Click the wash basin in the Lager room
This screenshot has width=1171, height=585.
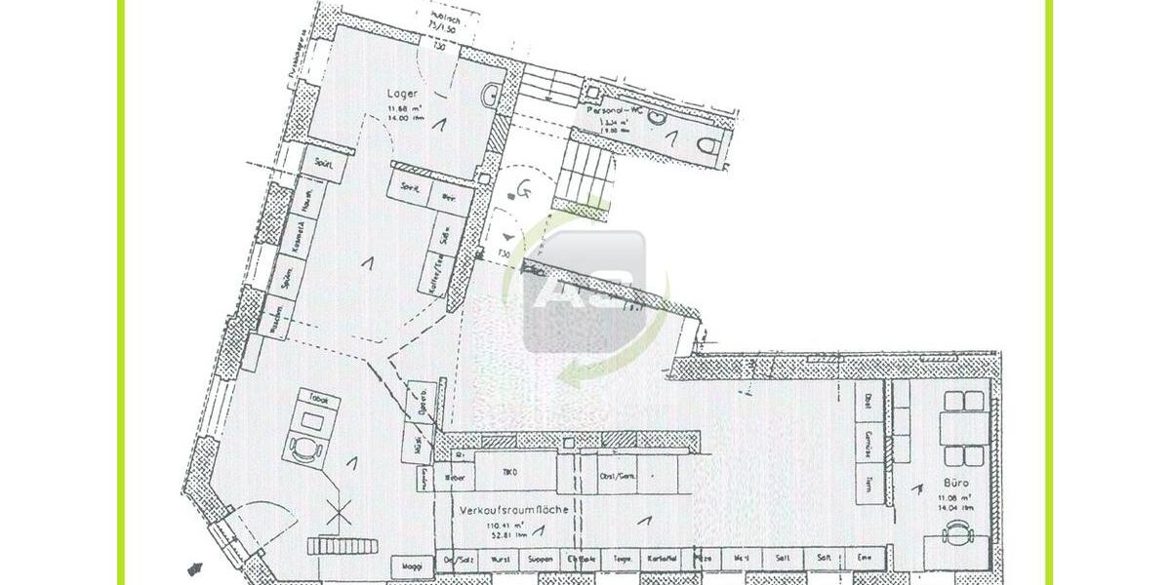click(490, 96)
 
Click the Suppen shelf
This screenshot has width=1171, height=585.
click(542, 561)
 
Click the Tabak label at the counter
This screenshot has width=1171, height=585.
click(319, 400)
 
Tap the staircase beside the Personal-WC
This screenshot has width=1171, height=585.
click(588, 171)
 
